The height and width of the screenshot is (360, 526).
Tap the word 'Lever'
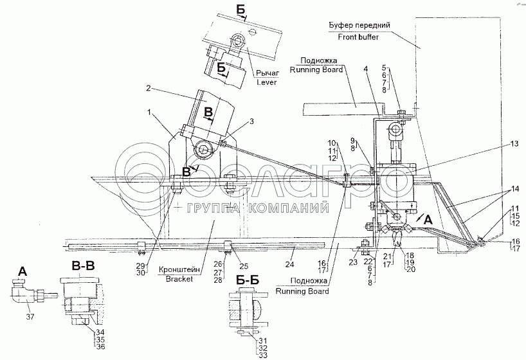[x=266, y=82]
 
